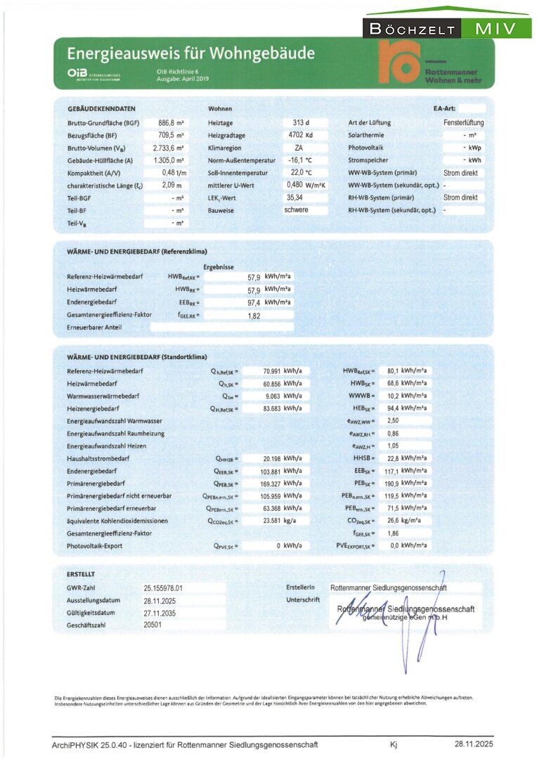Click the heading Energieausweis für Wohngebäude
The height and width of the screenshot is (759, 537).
190,53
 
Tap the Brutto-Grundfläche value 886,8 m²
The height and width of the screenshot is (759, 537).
169,123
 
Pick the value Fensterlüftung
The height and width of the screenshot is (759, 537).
463,123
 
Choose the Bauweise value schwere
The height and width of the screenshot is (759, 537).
297,210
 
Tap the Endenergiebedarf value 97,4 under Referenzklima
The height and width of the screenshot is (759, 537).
253,302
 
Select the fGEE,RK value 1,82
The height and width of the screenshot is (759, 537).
254,315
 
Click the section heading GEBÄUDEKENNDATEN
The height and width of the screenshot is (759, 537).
101,109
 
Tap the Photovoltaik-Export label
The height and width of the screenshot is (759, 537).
96,545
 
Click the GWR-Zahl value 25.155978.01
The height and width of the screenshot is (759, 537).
163,588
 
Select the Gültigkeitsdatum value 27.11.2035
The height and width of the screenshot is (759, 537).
159,613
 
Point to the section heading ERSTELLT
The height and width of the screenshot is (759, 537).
81,574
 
